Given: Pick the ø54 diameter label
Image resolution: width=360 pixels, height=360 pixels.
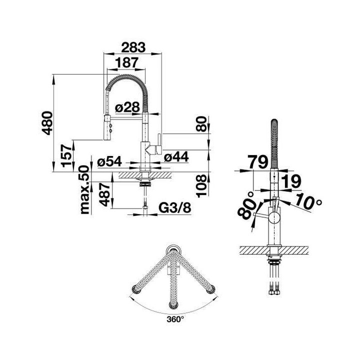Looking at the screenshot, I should point(110,162).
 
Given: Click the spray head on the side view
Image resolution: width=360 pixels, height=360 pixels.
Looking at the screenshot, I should point(106,129).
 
